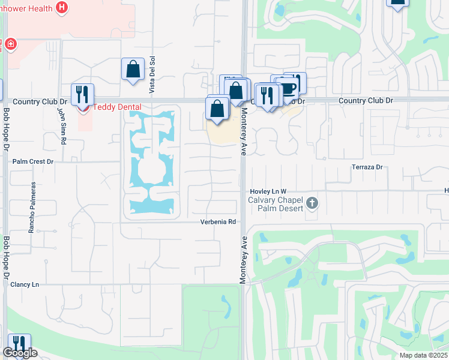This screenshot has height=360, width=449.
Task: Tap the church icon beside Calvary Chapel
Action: (x=311, y=203)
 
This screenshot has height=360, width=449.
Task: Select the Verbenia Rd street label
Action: (x=218, y=222)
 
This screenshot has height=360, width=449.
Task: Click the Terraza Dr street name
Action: (x=367, y=167)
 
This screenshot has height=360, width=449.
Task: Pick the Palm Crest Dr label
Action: (x=33, y=162)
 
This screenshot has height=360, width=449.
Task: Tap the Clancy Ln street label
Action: (x=25, y=284)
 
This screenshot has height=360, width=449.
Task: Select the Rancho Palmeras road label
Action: (x=34, y=208)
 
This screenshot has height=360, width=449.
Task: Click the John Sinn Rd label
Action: (x=61, y=125)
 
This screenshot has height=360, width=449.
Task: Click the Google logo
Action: (x=19, y=353)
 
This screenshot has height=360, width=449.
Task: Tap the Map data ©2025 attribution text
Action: (x=423, y=355)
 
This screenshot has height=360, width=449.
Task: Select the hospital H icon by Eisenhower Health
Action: (x=61, y=7)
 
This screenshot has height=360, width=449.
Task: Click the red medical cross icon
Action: (x=10, y=44)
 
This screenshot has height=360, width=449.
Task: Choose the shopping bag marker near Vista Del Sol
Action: (x=133, y=69)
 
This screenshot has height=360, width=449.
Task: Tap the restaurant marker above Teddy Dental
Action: (x=83, y=94)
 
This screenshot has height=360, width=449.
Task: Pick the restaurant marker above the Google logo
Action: (x=19, y=343)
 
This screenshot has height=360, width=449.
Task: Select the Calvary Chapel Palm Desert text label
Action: (x=277, y=204)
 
